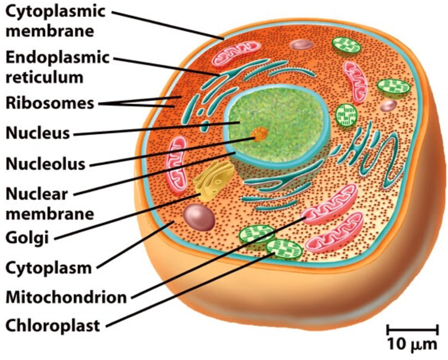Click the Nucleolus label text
tap(45, 164)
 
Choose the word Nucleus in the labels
tap(38, 133)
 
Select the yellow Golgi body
tap(213, 181)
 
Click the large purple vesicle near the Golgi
tap(199, 217)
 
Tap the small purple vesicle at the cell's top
tap(302, 44)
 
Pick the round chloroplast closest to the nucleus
tap(346, 114)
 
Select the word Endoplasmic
tap(57, 58)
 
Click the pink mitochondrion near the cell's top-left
tap(236, 54)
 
